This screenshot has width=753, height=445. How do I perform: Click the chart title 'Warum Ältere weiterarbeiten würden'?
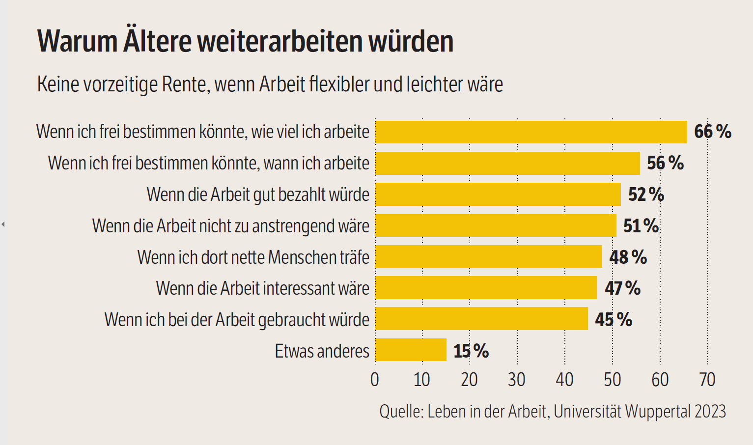tap(245, 41)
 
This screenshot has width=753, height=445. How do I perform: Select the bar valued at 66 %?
tap(531, 132)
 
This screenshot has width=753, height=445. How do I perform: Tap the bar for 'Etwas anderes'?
tap(411, 350)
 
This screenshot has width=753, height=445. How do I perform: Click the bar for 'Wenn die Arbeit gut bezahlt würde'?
tap(498, 195)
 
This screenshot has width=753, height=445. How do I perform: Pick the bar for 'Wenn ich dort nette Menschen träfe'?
tap(488, 257)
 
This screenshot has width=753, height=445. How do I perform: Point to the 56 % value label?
tap(665, 163)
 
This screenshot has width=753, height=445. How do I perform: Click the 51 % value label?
tap(641, 226)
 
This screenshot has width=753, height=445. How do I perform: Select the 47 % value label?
tap(622, 288)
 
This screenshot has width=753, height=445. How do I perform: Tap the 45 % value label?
tap(614, 320)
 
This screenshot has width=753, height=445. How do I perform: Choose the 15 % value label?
tap(471, 351)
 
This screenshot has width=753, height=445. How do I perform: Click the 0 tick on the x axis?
tap(375, 380)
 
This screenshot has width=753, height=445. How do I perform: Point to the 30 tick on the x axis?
tap(517, 380)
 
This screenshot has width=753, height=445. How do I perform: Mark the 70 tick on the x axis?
tap(707, 380)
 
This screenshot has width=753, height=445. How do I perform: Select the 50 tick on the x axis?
tap(612, 380)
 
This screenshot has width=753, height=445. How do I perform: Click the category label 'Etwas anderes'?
tap(322, 351)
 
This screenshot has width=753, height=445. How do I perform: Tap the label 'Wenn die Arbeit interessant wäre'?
tap(262, 288)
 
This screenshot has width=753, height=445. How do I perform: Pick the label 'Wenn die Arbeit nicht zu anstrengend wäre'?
tap(230, 226)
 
